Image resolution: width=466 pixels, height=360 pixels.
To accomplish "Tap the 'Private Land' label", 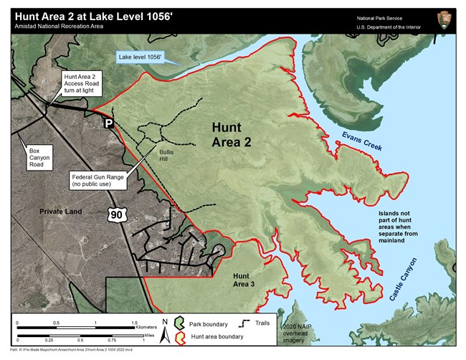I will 60,212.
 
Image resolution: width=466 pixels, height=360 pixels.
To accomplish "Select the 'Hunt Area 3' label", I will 242,280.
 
